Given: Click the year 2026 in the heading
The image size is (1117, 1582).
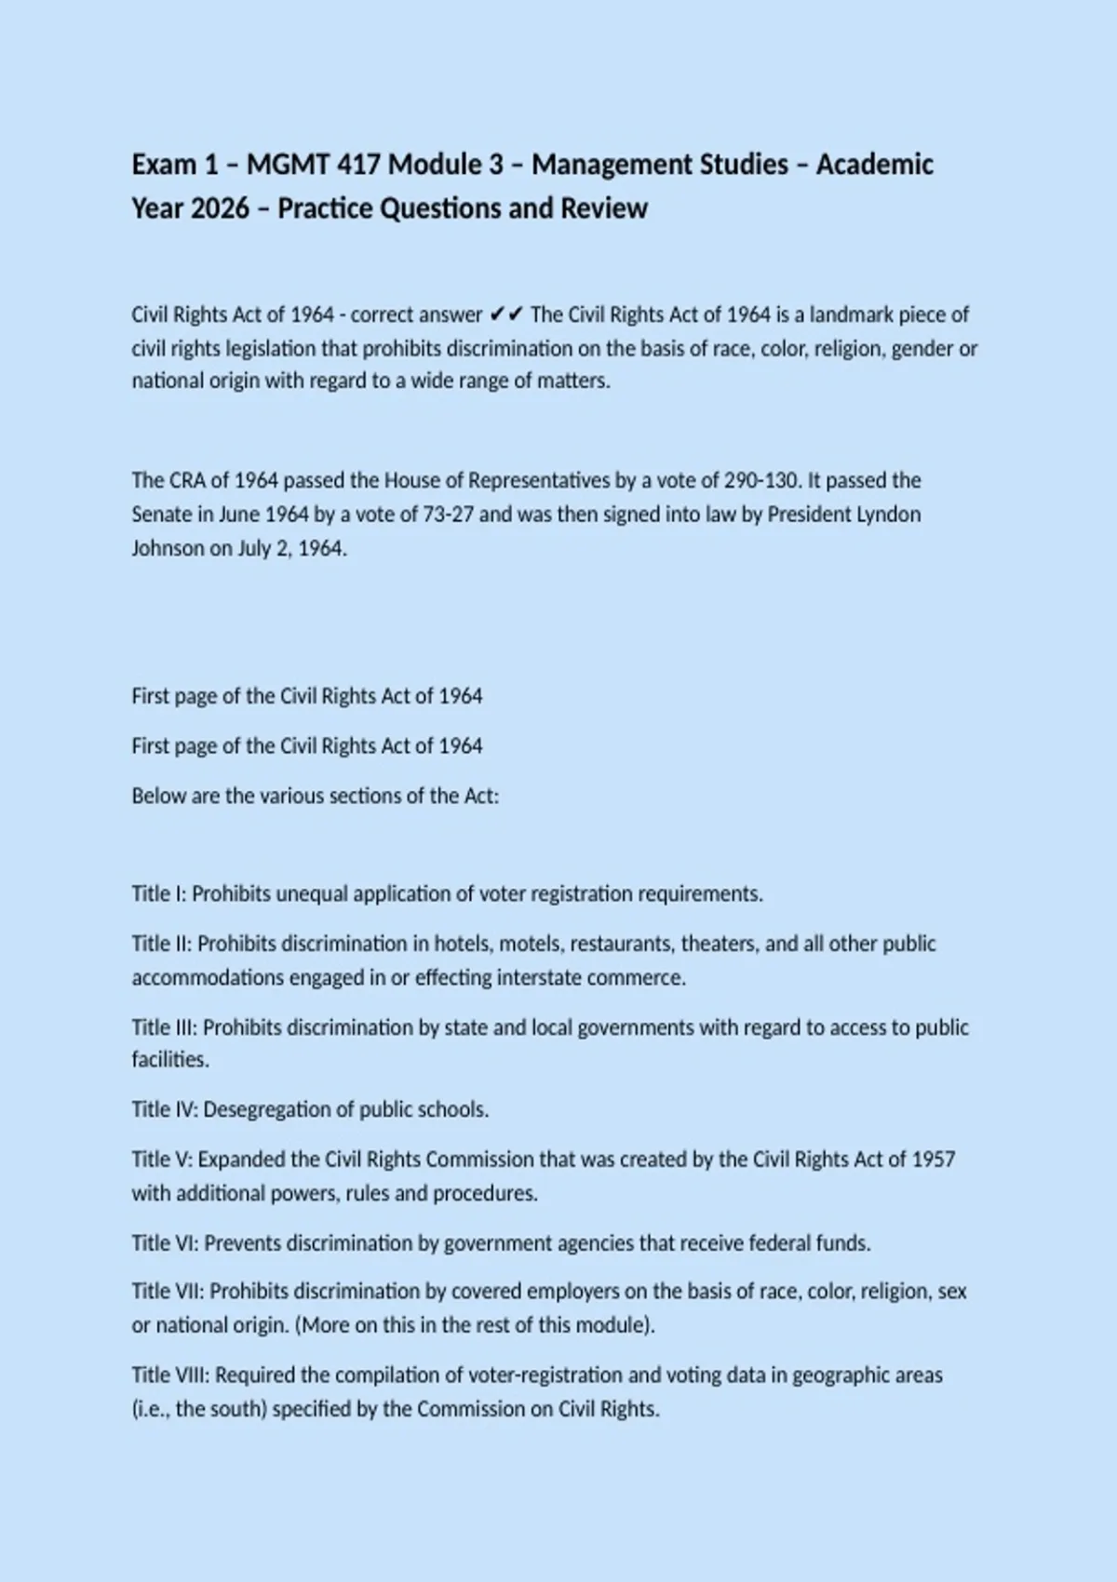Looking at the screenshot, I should click(220, 208).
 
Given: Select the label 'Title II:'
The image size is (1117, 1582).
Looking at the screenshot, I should click(162, 944).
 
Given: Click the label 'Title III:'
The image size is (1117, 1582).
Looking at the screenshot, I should click(165, 1027).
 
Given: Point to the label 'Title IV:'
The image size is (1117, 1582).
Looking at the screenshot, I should click(165, 1109).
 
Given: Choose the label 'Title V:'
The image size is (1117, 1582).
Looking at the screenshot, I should click(162, 1160).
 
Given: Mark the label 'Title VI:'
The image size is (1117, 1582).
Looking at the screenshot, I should click(165, 1243).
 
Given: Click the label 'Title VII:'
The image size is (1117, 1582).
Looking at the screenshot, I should click(168, 1292).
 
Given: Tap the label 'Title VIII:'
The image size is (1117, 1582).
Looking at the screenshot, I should click(170, 1375).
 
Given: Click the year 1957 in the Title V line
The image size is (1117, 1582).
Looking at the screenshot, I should click(933, 1160).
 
